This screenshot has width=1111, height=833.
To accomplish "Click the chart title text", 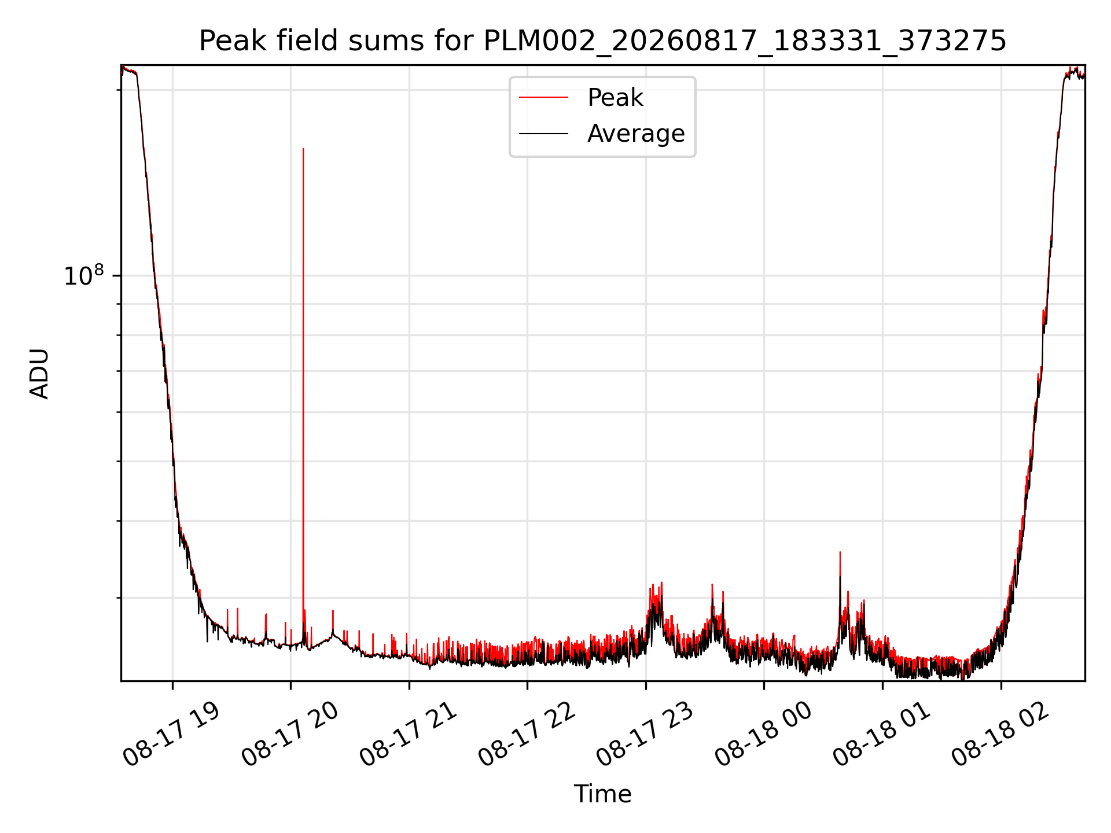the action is click(602, 41).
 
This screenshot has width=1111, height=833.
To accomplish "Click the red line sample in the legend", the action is click(543, 98).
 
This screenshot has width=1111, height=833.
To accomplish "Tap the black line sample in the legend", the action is click(543, 134).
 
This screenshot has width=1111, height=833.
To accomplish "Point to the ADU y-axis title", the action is click(39, 373).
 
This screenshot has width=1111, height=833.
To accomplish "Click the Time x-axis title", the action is click(602, 794).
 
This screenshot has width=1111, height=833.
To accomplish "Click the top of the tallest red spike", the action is click(303, 149).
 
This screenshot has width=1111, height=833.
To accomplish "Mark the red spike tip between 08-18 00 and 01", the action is click(840, 552).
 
